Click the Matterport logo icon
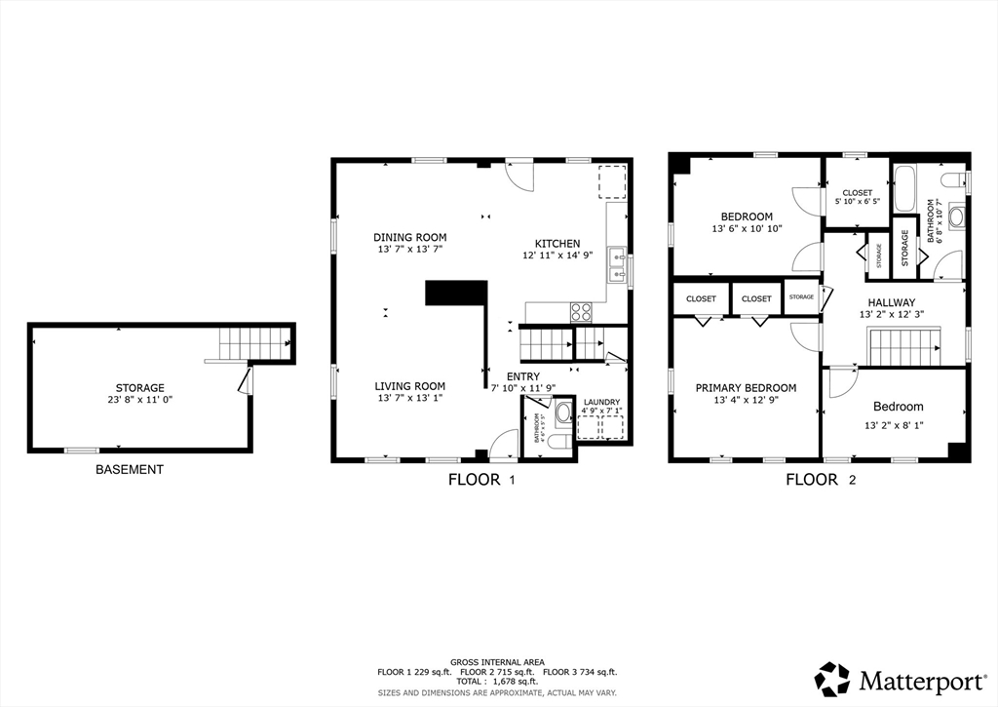pyautogui.click(x=832, y=679)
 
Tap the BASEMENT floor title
pyautogui.click(x=130, y=470)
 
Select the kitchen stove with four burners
pyautogui.click(x=581, y=312)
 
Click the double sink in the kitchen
pyautogui.click(x=616, y=264)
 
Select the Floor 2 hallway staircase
pyautogui.click(x=903, y=347)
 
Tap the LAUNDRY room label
pyautogui.click(x=601, y=403)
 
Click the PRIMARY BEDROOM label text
pyautogui.click(x=746, y=388)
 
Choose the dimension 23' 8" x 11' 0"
pyautogui.click(x=140, y=400)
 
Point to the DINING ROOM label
pyautogui.click(x=410, y=237)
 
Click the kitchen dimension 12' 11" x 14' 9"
pyautogui.click(x=557, y=256)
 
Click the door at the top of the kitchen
pyautogui.click(x=520, y=177)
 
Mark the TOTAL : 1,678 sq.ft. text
pyautogui.click(x=498, y=683)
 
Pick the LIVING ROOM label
pyautogui.click(x=410, y=386)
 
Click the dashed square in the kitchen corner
pyautogui.click(x=611, y=182)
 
